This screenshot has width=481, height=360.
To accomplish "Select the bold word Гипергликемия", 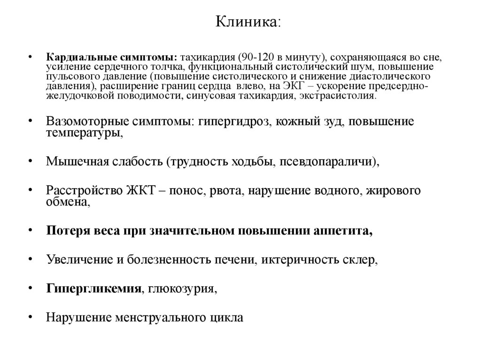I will (94, 288).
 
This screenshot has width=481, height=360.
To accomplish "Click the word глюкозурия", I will (182, 288).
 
